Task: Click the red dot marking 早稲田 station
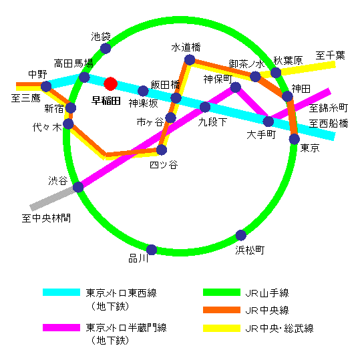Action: pyautogui.click(x=111, y=83)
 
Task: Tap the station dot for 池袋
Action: pyautogui.click(x=106, y=49)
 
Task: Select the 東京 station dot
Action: pyautogui.click(x=295, y=139)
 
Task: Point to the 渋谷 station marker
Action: pyautogui.click(x=78, y=187)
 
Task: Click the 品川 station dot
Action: pyautogui.click(x=152, y=250)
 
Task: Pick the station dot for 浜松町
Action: pyautogui.click(x=241, y=235)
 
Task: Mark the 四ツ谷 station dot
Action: pyautogui.click(x=162, y=150)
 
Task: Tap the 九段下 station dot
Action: pyautogui.click(x=205, y=107)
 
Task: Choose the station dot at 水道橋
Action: pyautogui.click(x=190, y=60)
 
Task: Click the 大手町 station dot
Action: pyautogui.click(x=268, y=122)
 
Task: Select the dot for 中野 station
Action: pyautogui.click(x=46, y=86)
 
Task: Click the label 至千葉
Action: pyautogui.click(x=330, y=55)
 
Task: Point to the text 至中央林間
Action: pyautogui.click(x=46, y=218)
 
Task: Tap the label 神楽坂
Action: pyautogui.click(x=144, y=104)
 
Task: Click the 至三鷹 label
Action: pyautogui.click(x=26, y=98)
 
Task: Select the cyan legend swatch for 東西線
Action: pyautogui.click(x=61, y=293)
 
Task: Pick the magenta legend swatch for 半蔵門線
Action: pyautogui.click(x=61, y=327)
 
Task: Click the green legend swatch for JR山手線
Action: pyautogui.click(x=222, y=293)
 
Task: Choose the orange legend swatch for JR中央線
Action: pyautogui.click(x=222, y=310)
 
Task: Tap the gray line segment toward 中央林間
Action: pyautogui.click(x=53, y=199)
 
